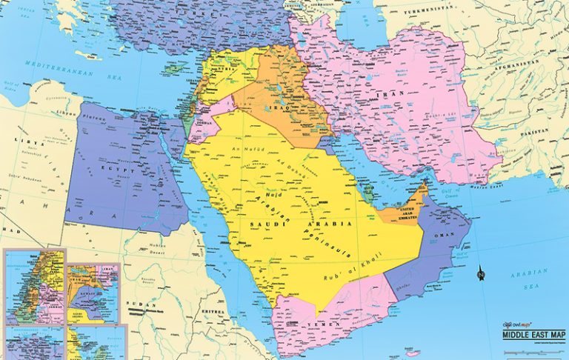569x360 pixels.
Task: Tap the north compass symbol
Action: (x=481, y=275)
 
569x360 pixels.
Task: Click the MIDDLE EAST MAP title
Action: (x=533, y=335)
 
